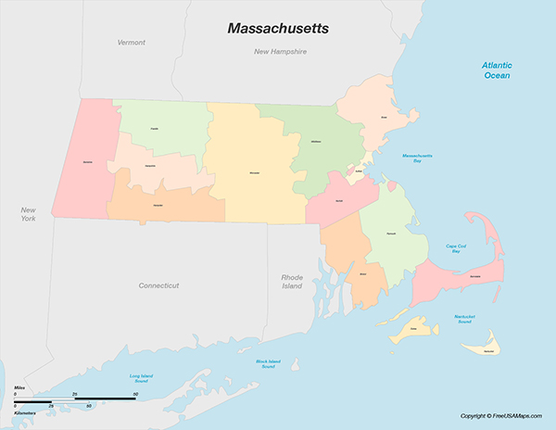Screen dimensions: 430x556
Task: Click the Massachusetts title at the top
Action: click(x=277, y=29)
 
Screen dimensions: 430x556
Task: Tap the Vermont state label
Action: click(x=132, y=43)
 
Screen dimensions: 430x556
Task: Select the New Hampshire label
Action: click(x=280, y=52)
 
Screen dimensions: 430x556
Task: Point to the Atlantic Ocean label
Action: click(x=496, y=70)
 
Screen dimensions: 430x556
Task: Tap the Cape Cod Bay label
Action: click(x=455, y=247)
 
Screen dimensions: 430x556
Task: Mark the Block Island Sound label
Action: click(x=267, y=363)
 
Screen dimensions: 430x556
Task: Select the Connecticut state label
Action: click(x=158, y=285)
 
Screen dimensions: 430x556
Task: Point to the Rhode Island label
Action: click(x=292, y=282)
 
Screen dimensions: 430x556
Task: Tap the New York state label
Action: click(x=29, y=214)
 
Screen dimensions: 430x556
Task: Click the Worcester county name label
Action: click(x=254, y=172)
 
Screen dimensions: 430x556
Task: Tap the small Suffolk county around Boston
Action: click(x=358, y=172)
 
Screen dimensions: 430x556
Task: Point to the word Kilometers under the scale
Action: click(x=26, y=412)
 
